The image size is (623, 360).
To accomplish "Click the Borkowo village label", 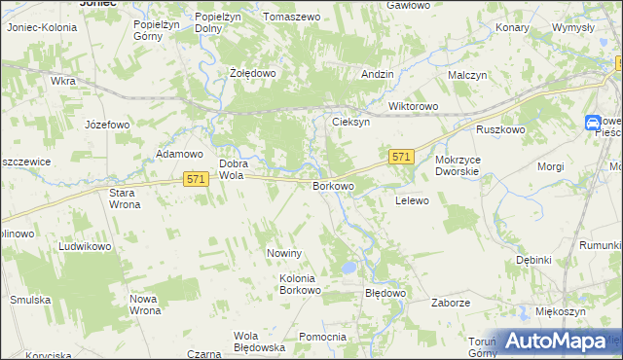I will click(332, 185).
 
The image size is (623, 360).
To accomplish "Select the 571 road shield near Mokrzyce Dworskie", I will click(402, 156).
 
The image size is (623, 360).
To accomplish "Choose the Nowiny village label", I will click(286, 253).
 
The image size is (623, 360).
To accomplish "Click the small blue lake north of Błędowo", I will click(348, 267).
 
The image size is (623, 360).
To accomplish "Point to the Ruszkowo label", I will click(500, 129).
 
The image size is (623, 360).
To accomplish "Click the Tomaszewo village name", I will click(292, 18).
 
